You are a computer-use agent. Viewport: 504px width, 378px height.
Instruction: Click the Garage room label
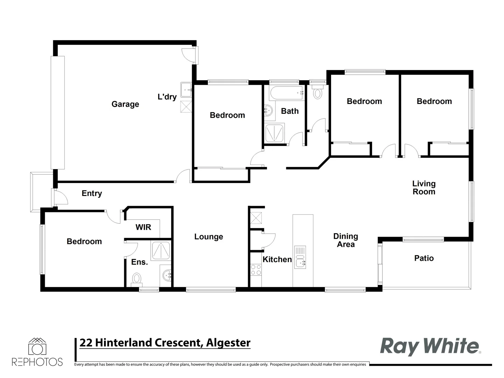pos(125,104)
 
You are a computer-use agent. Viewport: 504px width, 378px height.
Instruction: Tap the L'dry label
pos(167,97)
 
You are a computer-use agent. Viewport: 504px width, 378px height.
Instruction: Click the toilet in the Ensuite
pos(136,279)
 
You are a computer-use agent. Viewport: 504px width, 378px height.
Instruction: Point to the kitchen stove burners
pos(256,269)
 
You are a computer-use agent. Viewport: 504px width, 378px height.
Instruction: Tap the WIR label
pos(143,227)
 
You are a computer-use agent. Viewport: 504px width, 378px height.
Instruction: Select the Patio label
pos(424,258)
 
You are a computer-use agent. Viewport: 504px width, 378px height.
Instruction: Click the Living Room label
pos(424,188)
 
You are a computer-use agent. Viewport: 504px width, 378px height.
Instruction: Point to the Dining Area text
pos(345,240)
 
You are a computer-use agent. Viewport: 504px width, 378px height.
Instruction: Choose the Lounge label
pos(209,237)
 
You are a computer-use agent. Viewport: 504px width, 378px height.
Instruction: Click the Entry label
pos(92,194)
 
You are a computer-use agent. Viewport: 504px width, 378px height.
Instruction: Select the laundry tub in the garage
pos(186,90)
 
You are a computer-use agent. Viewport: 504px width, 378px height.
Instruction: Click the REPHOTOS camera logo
pos(37,348)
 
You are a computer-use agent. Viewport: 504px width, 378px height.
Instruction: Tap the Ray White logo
pos(429,346)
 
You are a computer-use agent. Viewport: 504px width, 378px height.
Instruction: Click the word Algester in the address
pos(228,343)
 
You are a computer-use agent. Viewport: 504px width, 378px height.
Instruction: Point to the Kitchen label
pos(277,259)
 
